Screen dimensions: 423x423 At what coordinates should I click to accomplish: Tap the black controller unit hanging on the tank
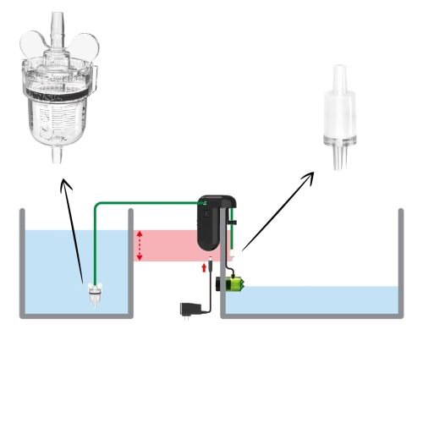pyautogui.click(x=211, y=223)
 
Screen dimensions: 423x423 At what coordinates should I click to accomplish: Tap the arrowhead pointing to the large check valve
pyautogui.click(x=310, y=176)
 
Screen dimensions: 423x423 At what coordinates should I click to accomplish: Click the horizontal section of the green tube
pyautogui.click(x=144, y=203)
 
